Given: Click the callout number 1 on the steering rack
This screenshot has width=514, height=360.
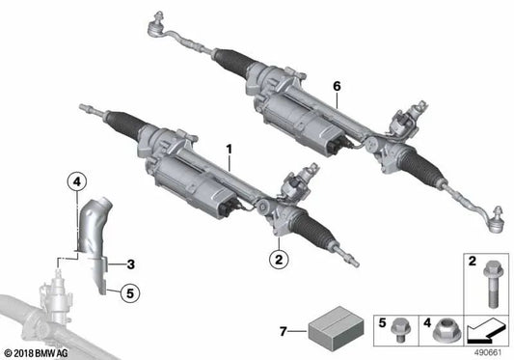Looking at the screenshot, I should tap(230, 150).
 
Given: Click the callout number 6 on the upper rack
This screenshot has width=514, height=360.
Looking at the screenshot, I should tap(337, 86).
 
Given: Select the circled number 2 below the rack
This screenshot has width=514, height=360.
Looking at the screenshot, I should tap(278, 259).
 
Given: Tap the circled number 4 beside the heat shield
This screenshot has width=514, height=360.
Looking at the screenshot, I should tap(77, 180).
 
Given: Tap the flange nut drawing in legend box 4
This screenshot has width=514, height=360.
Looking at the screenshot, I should tap(443, 330).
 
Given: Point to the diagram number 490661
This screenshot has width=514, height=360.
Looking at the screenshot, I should tap(488, 352).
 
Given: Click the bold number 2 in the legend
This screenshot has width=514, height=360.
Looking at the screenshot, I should tap(472, 261).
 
